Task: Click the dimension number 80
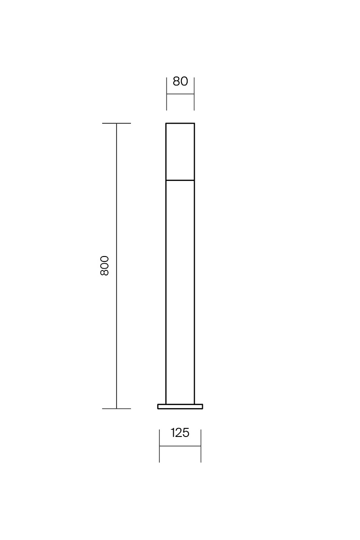(x=180, y=81)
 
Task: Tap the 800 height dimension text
(x=104, y=265)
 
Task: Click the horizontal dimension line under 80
(x=180, y=94)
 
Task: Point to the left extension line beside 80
(x=166, y=94)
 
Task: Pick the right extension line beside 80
(x=194, y=94)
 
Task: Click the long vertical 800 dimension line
(x=117, y=266)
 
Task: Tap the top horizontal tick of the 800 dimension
(x=117, y=123)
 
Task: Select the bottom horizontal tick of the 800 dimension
(x=117, y=409)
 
